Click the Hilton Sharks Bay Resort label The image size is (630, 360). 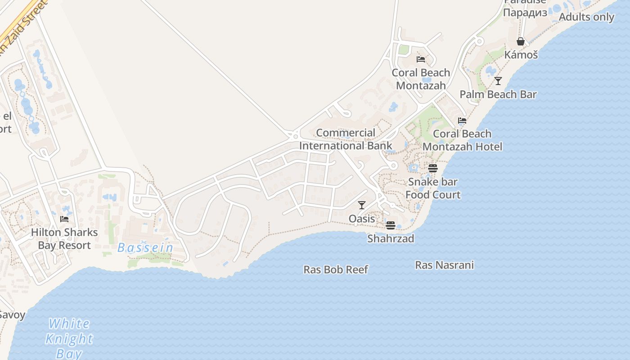[64, 239]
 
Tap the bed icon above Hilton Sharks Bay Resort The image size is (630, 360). [64, 219]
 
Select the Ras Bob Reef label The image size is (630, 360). [336, 270]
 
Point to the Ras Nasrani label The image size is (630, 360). [444, 265]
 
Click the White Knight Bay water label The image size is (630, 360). [69, 338]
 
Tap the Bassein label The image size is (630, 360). [145, 247]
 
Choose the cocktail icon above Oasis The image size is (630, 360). [362, 205]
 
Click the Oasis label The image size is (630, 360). [362, 219]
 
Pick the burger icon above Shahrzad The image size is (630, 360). [391, 225]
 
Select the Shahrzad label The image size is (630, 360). [391, 238]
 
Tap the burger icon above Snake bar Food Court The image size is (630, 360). [433, 168]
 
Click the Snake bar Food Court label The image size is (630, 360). [433, 188]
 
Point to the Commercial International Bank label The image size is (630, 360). [346, 139]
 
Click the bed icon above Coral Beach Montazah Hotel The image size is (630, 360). [462, 120]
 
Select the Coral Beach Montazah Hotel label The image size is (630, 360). [462, 140]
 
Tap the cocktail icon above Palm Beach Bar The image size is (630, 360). [498, 81]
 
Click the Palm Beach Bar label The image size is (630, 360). [498, 94]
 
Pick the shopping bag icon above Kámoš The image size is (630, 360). [521, 41]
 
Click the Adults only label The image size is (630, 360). [586, 17]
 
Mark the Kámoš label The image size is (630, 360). [521, 55]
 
